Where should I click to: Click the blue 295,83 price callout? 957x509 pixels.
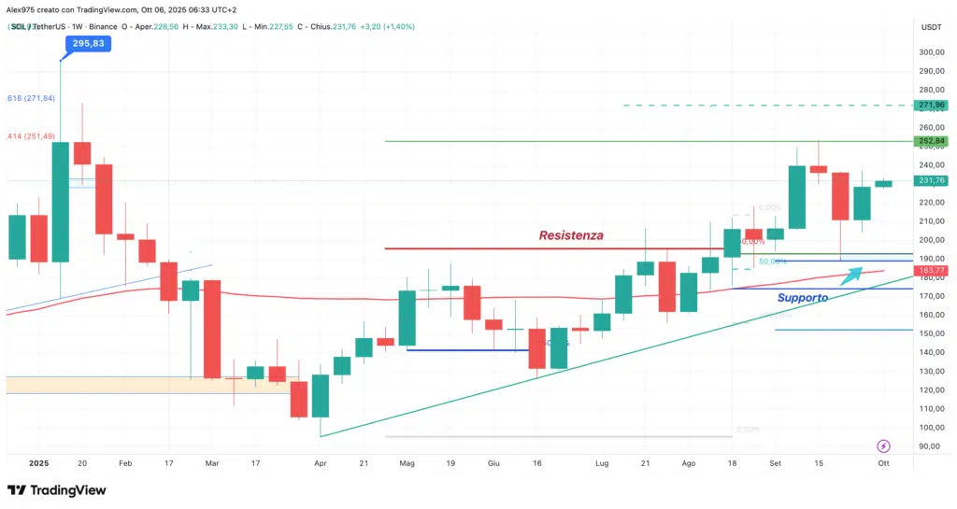pyautogui.click(x=89, y=44)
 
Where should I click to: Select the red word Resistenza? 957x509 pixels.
pyautogui.click(x=570, y=236)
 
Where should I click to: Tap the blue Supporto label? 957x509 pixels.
pyautogui.click(x=802, y=298)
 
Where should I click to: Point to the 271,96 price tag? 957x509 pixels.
pyautogui.click(x=931, y=106)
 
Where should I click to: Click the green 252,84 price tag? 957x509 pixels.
pyautogui.click(x=931, y=141)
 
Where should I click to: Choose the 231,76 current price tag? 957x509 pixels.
pyautogui.click(x=931, y=180)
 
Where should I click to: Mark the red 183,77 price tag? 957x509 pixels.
pyautogui.click(x=931, y=271)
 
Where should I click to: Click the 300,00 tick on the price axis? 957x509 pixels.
pyautogui.click(x=930, y=52)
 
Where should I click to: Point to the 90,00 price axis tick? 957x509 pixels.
pyautogui.click(x=930, y=446)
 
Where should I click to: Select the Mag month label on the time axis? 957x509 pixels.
pyautogui.click(x=407, y=462)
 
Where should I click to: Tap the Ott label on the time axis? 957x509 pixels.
pyautogui.click(x=883, y=462)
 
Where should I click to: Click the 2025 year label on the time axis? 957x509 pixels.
pyautogui.click(x=38, y=462)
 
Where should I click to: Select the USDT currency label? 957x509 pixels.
pyautogui.click(x=931, y=27)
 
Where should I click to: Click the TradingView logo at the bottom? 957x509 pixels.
pyautogui.click(x=56, y=490)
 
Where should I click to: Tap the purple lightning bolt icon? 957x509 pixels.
pyautogui.click(x=884, y=446)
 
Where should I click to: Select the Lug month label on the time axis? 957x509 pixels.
pyautogui.click(x=602, y=462)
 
